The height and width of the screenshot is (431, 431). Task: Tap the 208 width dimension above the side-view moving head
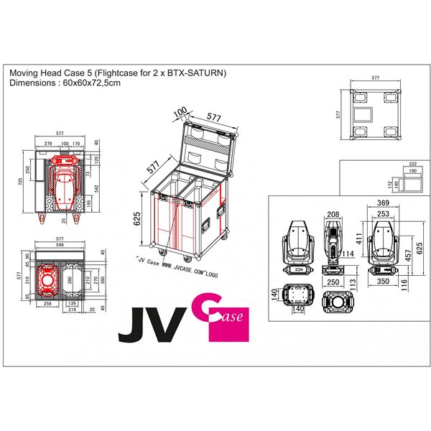[332, 214]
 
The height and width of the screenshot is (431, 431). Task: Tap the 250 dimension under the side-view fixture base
[332, 283]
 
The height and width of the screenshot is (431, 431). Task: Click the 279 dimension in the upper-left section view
[47, 144]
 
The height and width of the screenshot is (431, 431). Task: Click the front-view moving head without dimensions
[298, 244]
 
